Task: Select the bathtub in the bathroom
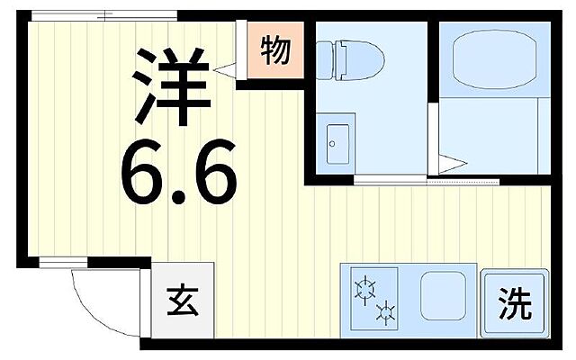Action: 494,59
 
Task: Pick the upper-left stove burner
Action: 365,288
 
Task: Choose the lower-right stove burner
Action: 387,312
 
